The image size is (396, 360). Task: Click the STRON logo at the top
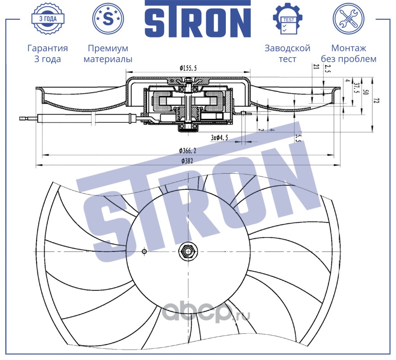coord(198,19)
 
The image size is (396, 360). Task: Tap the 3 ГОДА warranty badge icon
coord(48,19)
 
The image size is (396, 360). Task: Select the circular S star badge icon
coord(108,19)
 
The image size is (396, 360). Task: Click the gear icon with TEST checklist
coord(288,19)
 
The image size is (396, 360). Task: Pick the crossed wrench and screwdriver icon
coord(348,19)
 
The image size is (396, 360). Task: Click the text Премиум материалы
coord(108,53)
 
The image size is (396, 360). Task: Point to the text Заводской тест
coord(288,53)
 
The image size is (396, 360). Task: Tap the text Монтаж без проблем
coord(348,53)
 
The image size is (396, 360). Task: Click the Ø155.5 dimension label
coord(188,68)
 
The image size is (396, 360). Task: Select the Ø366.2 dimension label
coord(188,151)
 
